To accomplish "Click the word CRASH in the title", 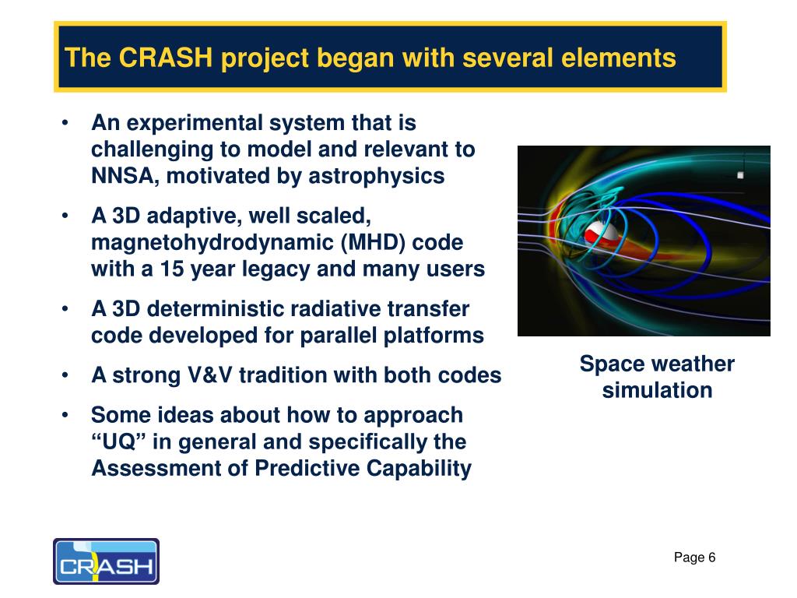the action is pos(166,57).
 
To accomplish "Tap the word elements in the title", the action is pos(619,57).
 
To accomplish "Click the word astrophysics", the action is pos(377,177).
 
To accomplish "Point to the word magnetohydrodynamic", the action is pos(212,243).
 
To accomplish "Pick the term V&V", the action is pos(209,375).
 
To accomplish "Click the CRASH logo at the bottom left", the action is pos(106,561).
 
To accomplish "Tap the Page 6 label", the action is pos(694,558).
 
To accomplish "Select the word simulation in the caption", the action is pos(657,391).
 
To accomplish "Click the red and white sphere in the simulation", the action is pos(602,234).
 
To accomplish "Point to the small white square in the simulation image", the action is pos(740,175).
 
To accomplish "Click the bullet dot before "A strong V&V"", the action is pos(65,375).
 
